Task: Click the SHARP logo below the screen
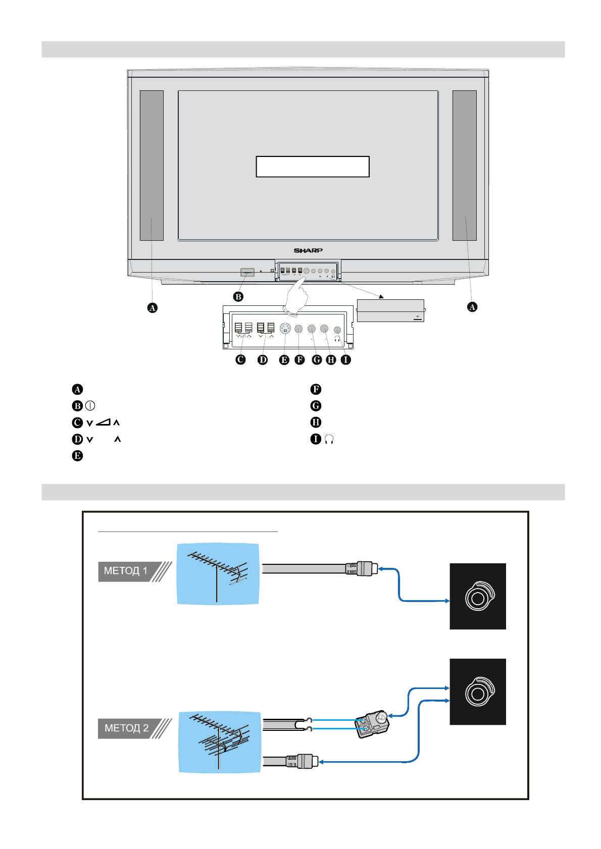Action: tap(308, 250)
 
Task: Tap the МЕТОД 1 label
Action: tap(126, 571)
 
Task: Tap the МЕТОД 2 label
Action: tap(126, 728)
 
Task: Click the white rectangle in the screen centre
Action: tap(313, 167)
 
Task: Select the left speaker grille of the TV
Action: tap(152, 166)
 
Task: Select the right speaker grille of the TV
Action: tap(465, 166)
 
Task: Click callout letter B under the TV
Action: tap(238, 297)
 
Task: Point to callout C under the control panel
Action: tap(241, 360)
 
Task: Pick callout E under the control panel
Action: tap(284, 360)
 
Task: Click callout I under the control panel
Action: tap(346, 360)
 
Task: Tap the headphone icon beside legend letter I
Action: tap(329, 439)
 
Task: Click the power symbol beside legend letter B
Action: tap(90, 406)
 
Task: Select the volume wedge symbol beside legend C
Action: tap(103, 422)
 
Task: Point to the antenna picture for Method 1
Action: tap(218, 574)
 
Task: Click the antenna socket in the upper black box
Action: tap(478, 597)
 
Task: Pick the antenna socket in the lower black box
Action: tap(478, 692)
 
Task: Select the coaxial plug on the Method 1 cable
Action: tap(362, 569)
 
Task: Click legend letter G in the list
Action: tap(316, 406)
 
